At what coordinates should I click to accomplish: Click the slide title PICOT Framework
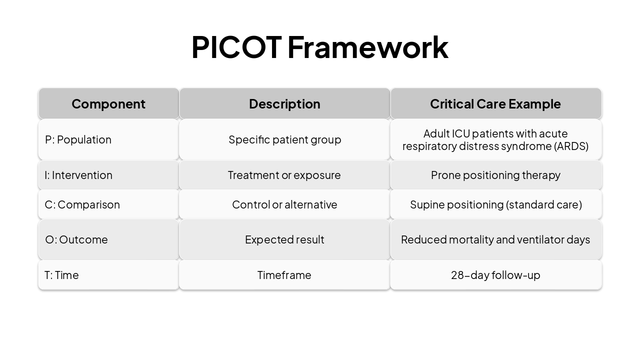[x=319, y=47]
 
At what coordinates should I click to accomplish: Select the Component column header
[x=108, y=104]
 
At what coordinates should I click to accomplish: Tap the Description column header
[x=284, y=104]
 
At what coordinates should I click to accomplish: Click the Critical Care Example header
[x=495, y=104]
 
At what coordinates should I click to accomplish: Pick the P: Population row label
[x=78, y=139]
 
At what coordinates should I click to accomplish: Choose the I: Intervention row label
[x=78, y=175]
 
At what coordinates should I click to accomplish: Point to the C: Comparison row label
[x=82, y=204]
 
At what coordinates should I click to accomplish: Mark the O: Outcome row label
[x=76, y=239]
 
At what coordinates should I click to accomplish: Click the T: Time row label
[x=62, y=275]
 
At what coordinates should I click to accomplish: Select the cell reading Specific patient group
[x=284, y=139]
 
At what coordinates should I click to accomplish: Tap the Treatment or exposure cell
[x=284, y=175]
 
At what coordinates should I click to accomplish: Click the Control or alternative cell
[x=284, y=204]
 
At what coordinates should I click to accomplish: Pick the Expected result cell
[x=284, y=239]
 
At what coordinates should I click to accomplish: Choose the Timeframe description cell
[x=284, y=275]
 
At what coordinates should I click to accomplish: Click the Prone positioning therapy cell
[x=495, y=175]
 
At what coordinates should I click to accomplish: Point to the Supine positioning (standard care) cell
[x=495, y=204]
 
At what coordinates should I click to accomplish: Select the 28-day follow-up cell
[x=495, y=275]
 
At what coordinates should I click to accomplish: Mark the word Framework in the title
[x=367, y=47]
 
